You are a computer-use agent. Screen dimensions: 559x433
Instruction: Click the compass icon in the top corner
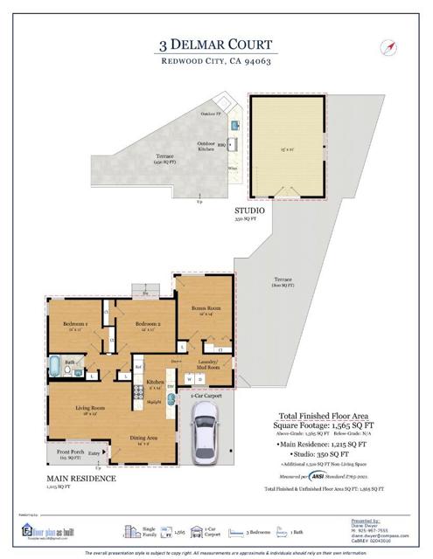click(386, 47)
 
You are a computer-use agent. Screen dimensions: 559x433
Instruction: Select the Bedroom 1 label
click(72, 326)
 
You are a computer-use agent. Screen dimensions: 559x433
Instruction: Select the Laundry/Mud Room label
click(206, 368)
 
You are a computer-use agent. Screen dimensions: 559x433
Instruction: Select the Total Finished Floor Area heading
click(313, 418)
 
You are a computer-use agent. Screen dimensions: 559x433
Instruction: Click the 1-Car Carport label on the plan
click(206, 396)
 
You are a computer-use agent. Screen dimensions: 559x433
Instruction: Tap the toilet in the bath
click(67, 371)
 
